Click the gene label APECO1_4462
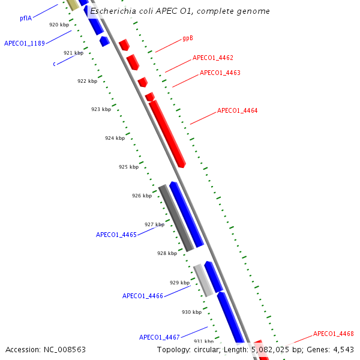213,58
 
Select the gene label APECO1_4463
220,73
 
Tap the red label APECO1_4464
237,110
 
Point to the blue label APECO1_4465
116,235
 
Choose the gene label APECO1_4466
143,296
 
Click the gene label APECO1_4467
160,337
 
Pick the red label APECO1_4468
334,334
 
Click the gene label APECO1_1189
25,43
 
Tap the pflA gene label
26,18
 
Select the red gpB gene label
188,38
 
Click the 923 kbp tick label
101,109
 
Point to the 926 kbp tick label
142,196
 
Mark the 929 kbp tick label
179,283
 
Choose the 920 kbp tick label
59,25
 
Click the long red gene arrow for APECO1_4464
167,133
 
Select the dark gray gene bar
176,218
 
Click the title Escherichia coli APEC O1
179,11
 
